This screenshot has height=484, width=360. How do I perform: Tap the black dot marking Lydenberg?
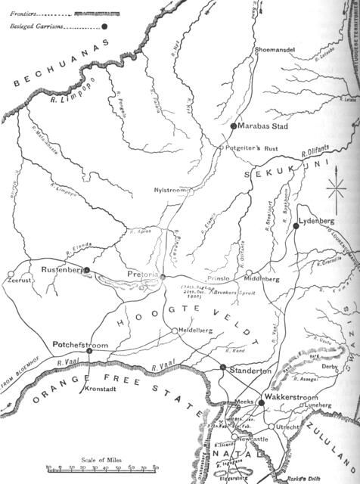click(x=296, y=225)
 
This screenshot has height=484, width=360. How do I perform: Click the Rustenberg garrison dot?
click(x=88, y=269)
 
